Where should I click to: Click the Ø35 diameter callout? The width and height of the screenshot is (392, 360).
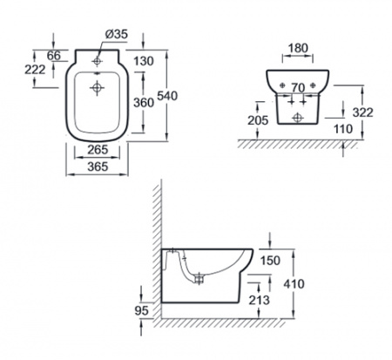(x=116, y=34)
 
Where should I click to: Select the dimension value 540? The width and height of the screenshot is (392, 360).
(x=167, y=96)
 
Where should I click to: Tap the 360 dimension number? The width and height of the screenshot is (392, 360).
(x=144, y=103)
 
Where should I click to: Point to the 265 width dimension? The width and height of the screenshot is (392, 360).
(x=98, y=150)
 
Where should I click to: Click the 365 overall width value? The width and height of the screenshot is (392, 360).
(x=98, y=166)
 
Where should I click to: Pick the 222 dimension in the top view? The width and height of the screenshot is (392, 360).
(x=35, y=70)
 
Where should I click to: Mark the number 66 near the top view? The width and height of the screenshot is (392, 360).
(x=54, y=56)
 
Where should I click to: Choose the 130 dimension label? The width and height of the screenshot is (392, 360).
(x=144, y=61)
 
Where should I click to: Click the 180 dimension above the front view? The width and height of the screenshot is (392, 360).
(x=299, y=48)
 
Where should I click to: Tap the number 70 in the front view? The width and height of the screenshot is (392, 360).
(x=298, y=87)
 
